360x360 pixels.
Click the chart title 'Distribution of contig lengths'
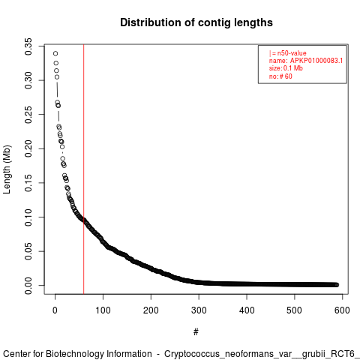[196, 22]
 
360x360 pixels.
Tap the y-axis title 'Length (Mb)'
[7, 169]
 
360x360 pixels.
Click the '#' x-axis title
[196, 332]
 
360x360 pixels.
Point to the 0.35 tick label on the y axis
[28, 46]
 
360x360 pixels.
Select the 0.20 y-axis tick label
[28, 148]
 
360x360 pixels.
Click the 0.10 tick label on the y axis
[28, 217]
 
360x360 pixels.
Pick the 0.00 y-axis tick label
[28, 286]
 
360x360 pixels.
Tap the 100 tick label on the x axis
[103, 310]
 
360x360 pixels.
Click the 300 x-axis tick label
[199, 310]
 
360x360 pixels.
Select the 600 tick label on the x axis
[342, 310]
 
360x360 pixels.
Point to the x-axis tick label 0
[55, 310]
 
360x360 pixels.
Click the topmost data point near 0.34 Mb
[55, 53]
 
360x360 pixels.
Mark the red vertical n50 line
[84, 169]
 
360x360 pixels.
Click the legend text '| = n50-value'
[287, 53]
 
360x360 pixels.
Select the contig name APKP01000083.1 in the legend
[316, 61]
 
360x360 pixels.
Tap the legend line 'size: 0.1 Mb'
[286, 68]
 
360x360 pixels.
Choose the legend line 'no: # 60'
[280, 76]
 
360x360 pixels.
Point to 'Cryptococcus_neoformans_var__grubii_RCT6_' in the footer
[262, 354]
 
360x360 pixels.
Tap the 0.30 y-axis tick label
[28, 80]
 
